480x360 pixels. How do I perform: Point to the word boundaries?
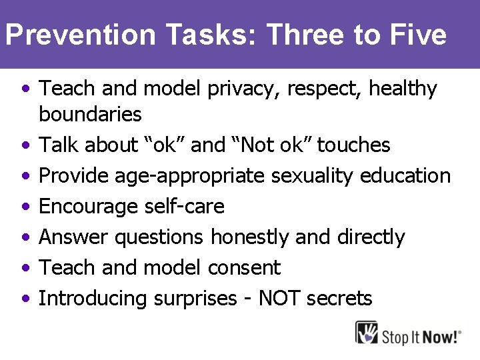click(90, 115)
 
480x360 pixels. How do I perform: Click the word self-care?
click(185, 207)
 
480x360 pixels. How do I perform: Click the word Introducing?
click(93, 298)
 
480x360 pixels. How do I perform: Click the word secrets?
click(339, 298)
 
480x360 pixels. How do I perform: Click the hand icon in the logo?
click(366, 333)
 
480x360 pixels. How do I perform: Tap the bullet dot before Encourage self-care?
click(25, 207)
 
